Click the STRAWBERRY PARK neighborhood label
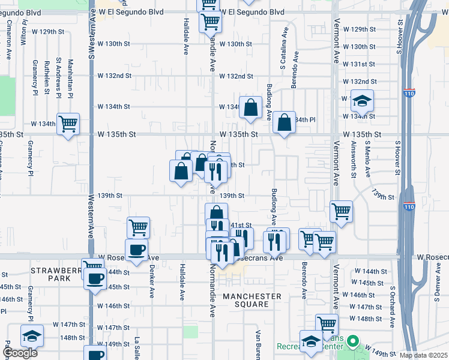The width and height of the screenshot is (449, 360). click(x=57, y=275)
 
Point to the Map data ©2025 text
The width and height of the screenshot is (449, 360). click(x=423, y=355)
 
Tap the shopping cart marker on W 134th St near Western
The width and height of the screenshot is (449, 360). click(x=68, y=124)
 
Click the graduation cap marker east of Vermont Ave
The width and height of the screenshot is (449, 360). click(x=362, y=101)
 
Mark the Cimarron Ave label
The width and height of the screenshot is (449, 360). click(x=10, y=40)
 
